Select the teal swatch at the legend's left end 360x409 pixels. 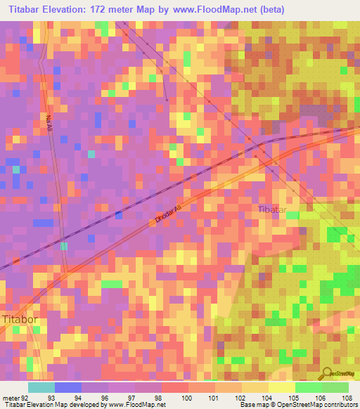click(x=41, y=387)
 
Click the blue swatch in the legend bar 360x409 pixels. click(x=67, y=387)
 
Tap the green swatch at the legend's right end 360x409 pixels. click(x=335, y=387)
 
